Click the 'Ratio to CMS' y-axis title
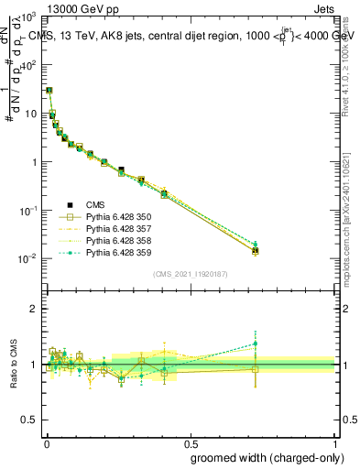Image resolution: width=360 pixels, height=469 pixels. [14, 365]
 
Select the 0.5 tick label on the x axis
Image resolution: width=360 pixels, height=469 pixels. [190, 442]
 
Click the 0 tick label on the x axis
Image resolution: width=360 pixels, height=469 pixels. [45, 442]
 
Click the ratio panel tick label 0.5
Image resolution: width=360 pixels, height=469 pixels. [27, 420]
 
